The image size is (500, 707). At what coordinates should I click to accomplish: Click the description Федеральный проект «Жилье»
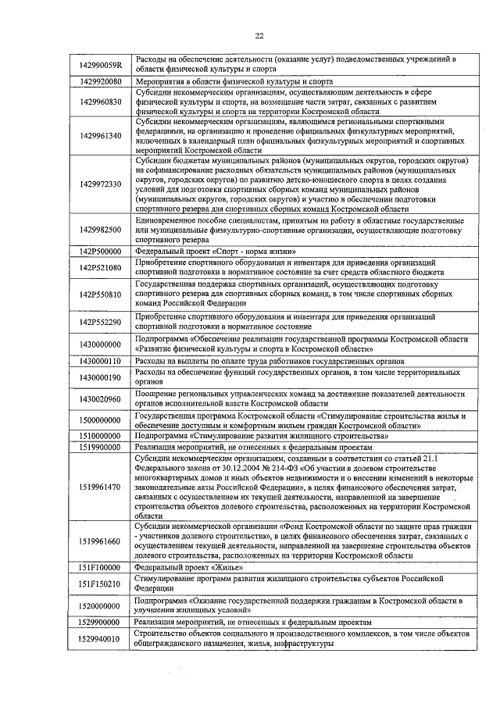tap(184, 567)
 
